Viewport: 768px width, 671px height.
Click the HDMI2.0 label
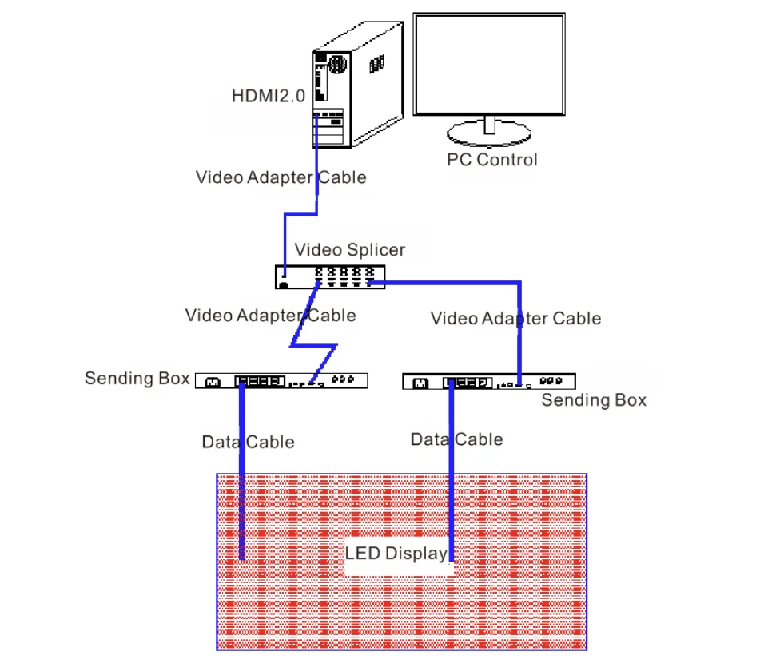click(268, 97)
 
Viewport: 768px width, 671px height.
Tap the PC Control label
click(491, 159)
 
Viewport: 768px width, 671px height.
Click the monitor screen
click(489, 64)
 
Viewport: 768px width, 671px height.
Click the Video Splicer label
click(349, 249)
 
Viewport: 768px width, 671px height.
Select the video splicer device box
click(329, 276)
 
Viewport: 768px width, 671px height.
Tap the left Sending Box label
click(137, 378)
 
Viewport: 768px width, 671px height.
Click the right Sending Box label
click(594, 399)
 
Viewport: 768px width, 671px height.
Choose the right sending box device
click(488, 382)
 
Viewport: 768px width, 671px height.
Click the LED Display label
click(396, 553)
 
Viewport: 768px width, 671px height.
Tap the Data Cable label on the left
click(248, 442)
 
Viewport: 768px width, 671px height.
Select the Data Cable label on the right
click(456, 439)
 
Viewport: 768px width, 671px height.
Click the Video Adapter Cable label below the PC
click(281, 177)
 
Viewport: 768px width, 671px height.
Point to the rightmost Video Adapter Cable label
click(515, 319)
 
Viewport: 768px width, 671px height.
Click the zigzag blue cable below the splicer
click(313, 345)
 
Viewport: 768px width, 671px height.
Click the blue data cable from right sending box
click(452, 495)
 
